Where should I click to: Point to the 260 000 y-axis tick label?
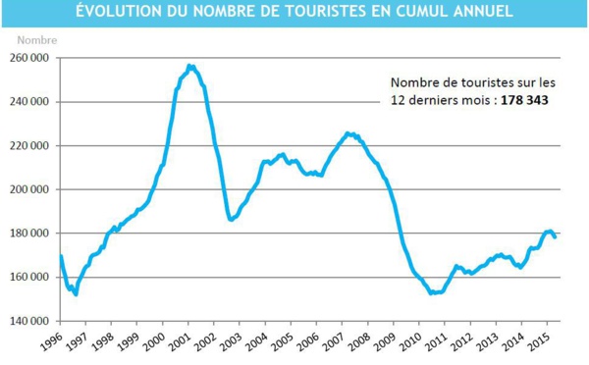30,58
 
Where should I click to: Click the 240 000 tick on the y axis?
30,102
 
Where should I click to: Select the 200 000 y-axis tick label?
30,189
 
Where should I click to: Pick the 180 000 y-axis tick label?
30,234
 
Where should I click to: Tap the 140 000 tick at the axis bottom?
30,321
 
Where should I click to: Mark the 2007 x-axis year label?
332,343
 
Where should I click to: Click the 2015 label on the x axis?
538,343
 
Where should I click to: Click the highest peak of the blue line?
190,66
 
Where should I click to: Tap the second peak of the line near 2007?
348,133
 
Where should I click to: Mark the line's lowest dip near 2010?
433,292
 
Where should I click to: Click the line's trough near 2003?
232,220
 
